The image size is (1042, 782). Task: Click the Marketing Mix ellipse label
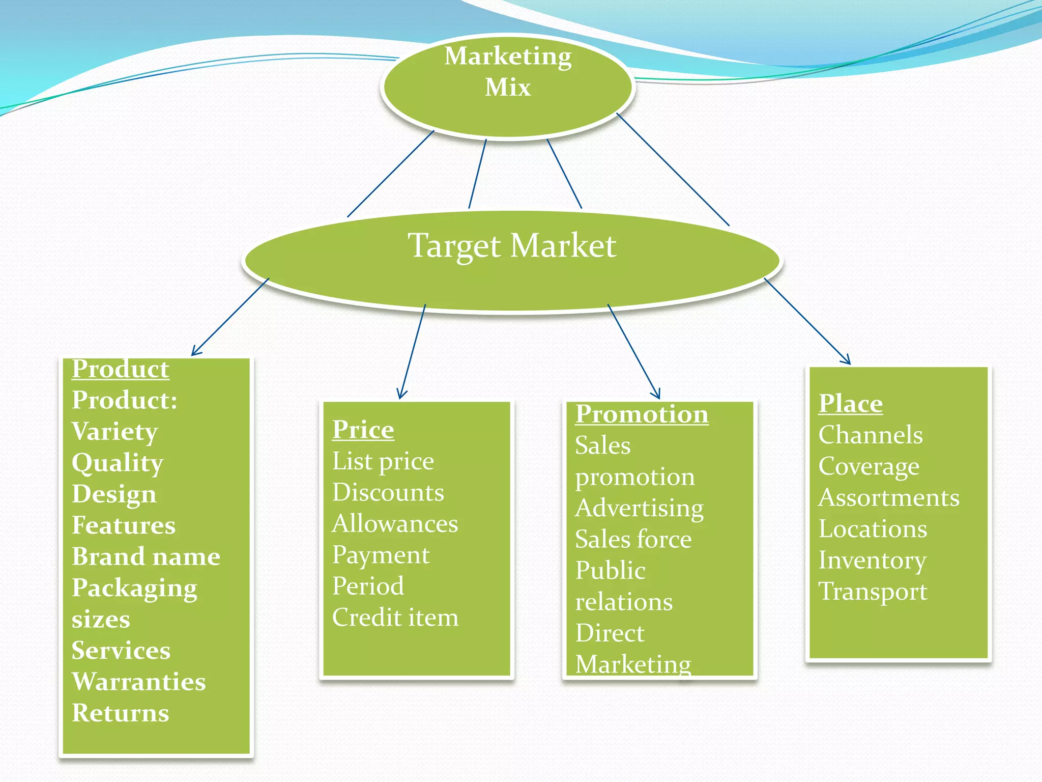[x=508, y=71]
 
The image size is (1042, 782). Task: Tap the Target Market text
[x=512, y=246]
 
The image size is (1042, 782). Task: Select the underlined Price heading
[x=363, y=430]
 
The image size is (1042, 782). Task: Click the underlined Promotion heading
[x=641, y=414]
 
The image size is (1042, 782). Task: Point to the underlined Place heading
[x=850, y=404]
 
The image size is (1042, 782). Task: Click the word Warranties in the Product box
[x=138, y=682]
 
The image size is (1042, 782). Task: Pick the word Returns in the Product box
[x=120, y=713]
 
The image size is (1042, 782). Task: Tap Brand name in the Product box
[x=146, y=556]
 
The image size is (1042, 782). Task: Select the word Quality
[x=117, y=463]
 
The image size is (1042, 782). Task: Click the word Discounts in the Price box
[x=388, y=492]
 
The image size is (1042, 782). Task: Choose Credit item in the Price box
[x=395, y=618]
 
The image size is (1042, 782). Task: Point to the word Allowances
[x=395, y=524]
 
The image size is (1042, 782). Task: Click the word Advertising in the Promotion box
[x=639, y=508]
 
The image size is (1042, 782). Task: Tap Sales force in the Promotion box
[x=633, y=539]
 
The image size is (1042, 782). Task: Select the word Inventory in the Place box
[x=872, y=560]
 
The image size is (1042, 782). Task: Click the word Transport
[x=873, y=592]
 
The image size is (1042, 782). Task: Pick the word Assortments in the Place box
[x=888, y=497]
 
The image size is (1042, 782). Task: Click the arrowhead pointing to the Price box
[x=401, y=395]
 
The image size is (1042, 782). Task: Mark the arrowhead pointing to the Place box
[x=847, y=361]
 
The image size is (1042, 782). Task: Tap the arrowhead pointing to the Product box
[x=195, y=352]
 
